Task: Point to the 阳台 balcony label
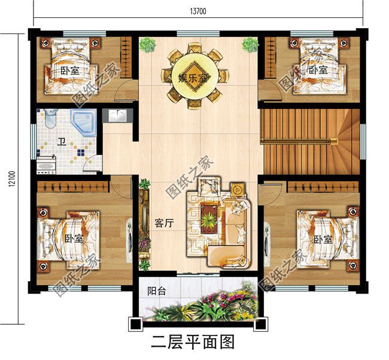pos(157,292)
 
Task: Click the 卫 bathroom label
pos(62,142)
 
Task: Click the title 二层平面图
pos(193,341)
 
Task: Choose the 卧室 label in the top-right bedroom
pos(318,70)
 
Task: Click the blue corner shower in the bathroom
pos(84,123)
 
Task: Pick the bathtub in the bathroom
pos(46,163)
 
